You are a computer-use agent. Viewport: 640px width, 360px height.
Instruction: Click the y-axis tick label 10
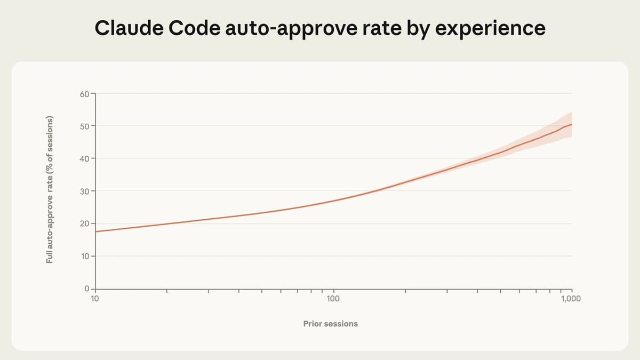85,257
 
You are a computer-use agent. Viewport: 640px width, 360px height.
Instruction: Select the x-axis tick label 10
95,299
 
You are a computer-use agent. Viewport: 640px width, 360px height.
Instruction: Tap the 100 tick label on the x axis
333,299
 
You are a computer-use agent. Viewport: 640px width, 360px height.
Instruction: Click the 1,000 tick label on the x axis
571,299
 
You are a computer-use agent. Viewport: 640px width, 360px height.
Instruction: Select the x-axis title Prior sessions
330,324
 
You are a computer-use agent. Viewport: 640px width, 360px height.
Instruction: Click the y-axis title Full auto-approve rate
50,189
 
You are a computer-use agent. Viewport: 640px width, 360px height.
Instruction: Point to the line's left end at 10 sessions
96,231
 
